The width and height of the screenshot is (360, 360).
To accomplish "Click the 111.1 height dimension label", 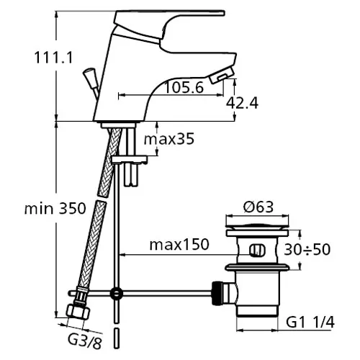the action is [53, 58].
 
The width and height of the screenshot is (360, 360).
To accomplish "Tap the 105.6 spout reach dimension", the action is [184, 87].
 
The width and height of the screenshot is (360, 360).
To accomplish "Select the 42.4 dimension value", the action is [242, 103].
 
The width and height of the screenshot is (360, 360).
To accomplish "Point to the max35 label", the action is [169, 139].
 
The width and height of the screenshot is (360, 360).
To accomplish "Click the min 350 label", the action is [55, 208].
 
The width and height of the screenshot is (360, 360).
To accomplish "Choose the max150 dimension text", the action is [179, 244].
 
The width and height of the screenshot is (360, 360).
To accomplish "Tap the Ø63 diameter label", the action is [258, 207].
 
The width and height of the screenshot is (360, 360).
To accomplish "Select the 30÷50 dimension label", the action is [307, 249].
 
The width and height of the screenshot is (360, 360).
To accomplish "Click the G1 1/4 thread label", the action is [310, 323].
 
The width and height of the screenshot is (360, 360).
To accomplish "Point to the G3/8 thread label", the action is [84, 340].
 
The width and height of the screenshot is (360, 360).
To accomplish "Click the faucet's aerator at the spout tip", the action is [221, 75].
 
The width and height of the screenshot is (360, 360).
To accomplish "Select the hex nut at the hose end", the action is [78, 312].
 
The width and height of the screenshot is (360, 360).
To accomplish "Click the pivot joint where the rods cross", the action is [117, 293].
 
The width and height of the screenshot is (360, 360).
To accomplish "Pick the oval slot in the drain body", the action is [258, 250].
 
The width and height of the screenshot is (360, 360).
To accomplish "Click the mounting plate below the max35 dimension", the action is [130, 160].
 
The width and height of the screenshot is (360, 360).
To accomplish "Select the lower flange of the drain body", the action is [257, 267].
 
